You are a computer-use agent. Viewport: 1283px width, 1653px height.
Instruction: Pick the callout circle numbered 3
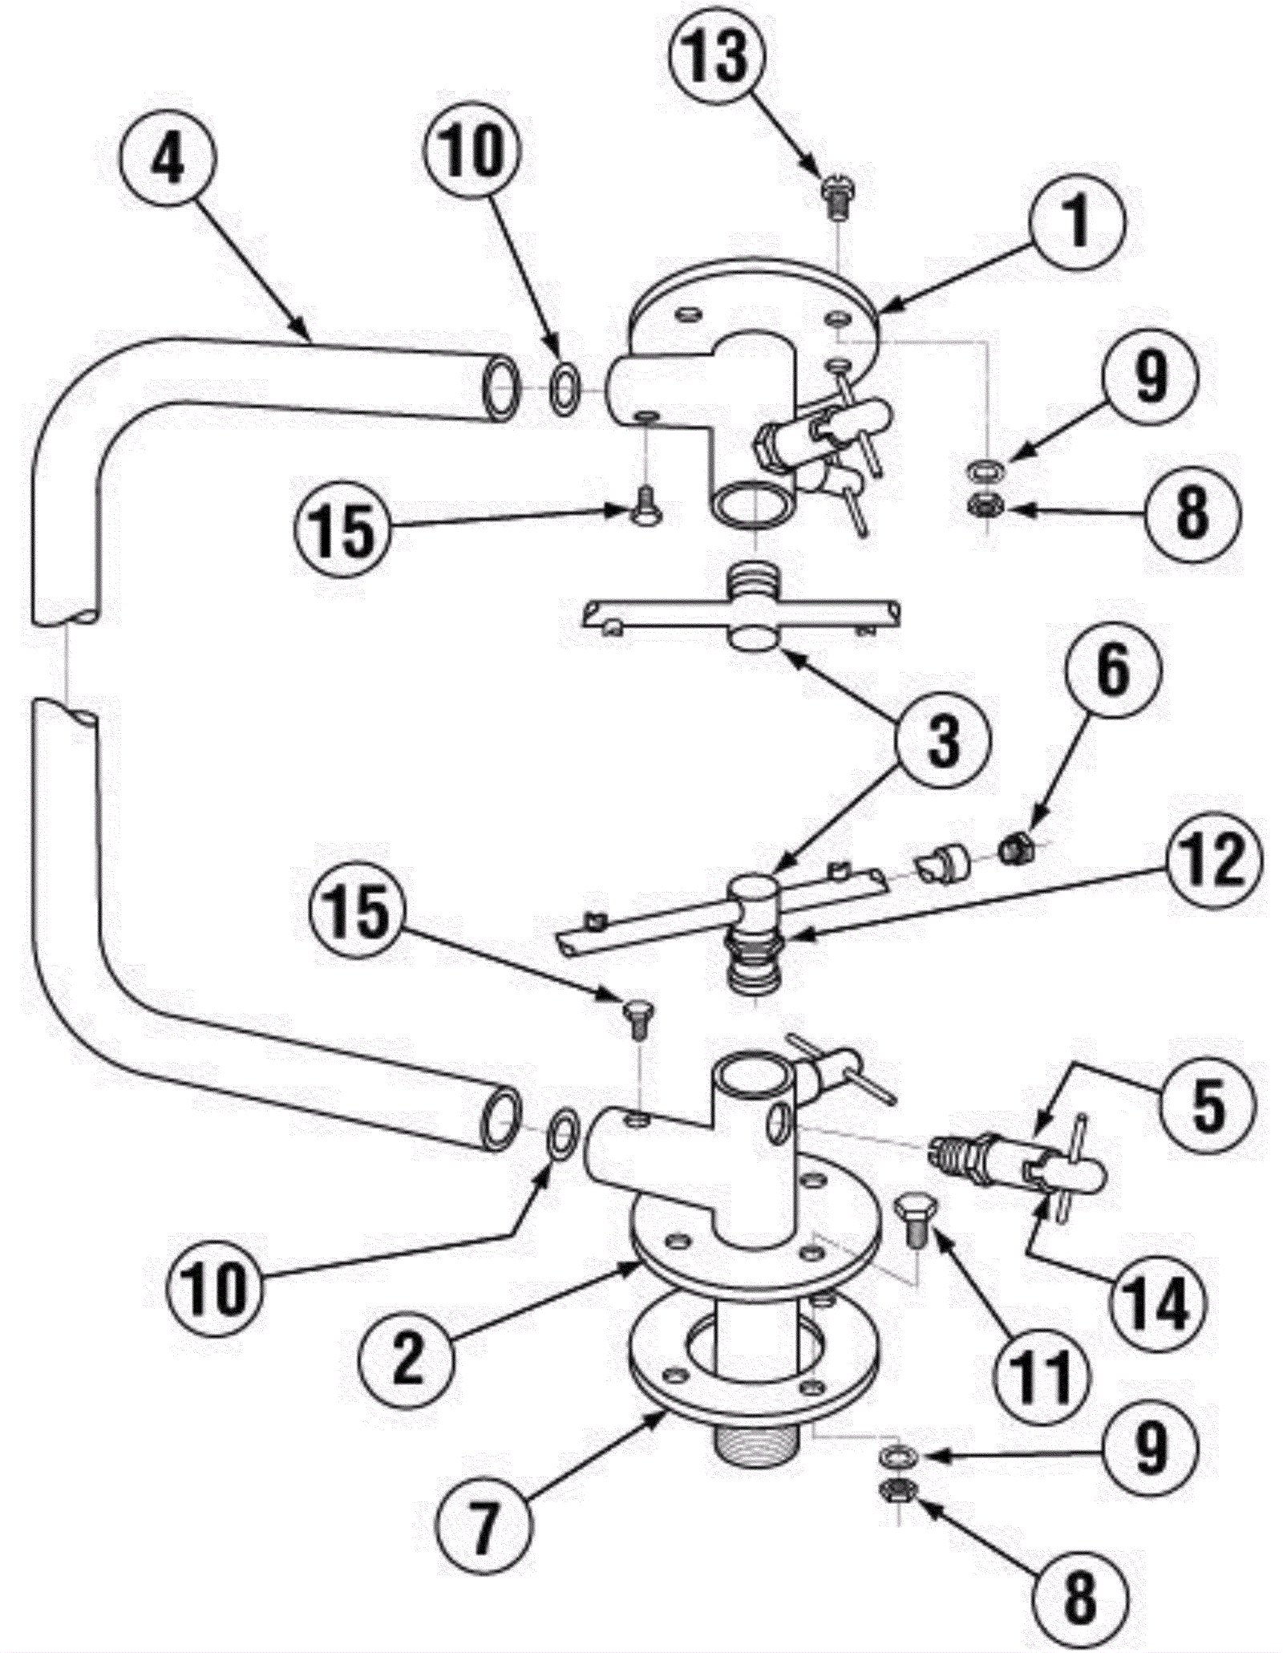943,740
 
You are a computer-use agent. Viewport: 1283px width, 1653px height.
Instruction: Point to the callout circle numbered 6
1112,671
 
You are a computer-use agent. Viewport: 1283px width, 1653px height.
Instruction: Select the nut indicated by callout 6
1017,845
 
